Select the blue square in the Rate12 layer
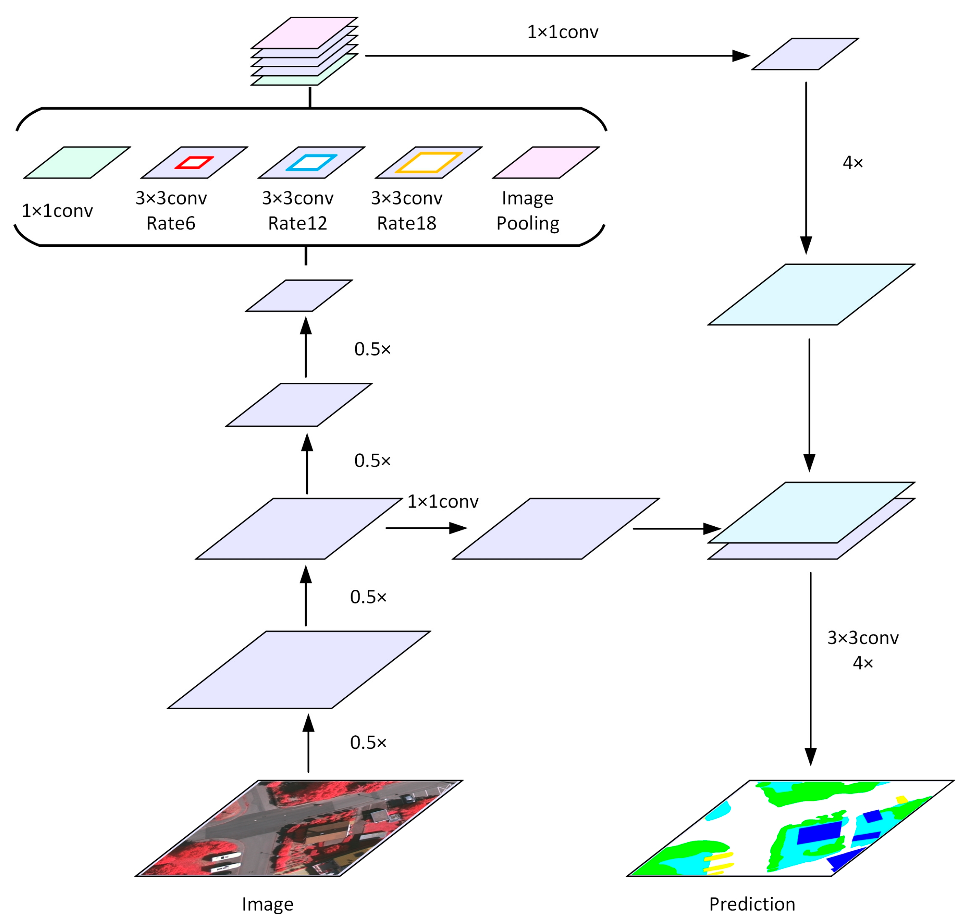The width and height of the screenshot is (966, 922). click(x=312, y=162)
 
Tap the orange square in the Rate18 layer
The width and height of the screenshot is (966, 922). click(x=429, y=162)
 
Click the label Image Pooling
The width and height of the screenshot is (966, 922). click(x=528, y=210)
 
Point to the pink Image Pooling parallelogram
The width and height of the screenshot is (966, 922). click(x=546, y=163)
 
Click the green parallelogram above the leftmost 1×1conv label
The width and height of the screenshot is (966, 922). click(x=77, y=163)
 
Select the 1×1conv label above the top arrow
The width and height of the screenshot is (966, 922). click(x=563, y=33)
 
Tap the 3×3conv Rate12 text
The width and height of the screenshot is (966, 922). click(x=297, y=210)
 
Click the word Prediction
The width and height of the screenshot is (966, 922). click(x=752, y=904)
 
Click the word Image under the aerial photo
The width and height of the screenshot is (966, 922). click(x=268, y=904)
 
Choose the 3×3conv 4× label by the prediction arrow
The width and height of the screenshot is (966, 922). click(x=863, y=650)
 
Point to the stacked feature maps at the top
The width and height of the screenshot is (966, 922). click(x=304, y=52)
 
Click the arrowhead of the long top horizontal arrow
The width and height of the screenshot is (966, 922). click(x=741, y=56)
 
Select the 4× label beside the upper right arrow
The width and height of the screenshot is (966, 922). click(x=853, y=163)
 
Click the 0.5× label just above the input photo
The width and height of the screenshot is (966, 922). click(x=368, y=743)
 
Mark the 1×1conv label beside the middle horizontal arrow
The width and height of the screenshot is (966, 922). click(x=443, y=501)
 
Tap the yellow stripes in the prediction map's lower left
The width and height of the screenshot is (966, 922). click(x=719, y=863)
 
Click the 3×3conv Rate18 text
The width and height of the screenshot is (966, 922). click(x=407, y=210)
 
